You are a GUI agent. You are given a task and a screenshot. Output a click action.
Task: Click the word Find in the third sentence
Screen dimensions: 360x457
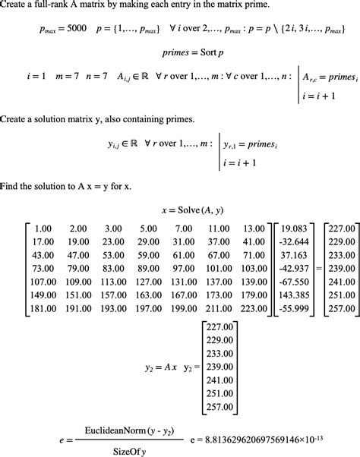click(11, 186)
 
